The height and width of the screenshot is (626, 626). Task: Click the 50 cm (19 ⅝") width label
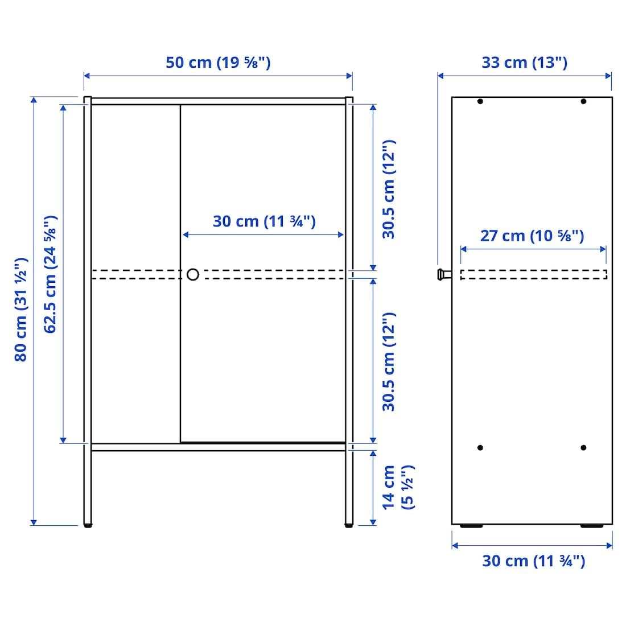point(218,63)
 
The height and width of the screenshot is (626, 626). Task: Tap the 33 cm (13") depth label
point(524,63)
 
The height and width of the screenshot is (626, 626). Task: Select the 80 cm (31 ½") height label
point(20,310)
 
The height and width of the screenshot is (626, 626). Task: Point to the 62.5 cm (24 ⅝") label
point(50,274)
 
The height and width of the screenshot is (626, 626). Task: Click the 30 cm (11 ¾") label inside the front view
point(264,221)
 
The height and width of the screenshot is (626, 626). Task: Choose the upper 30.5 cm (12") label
point(389,190)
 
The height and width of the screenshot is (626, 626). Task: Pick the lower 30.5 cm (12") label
point(389,362)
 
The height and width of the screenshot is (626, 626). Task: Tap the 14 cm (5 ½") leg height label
point(398,488)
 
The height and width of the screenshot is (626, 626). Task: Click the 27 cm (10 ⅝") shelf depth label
point(532,236)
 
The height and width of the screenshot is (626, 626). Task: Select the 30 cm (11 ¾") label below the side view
point(533,561)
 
